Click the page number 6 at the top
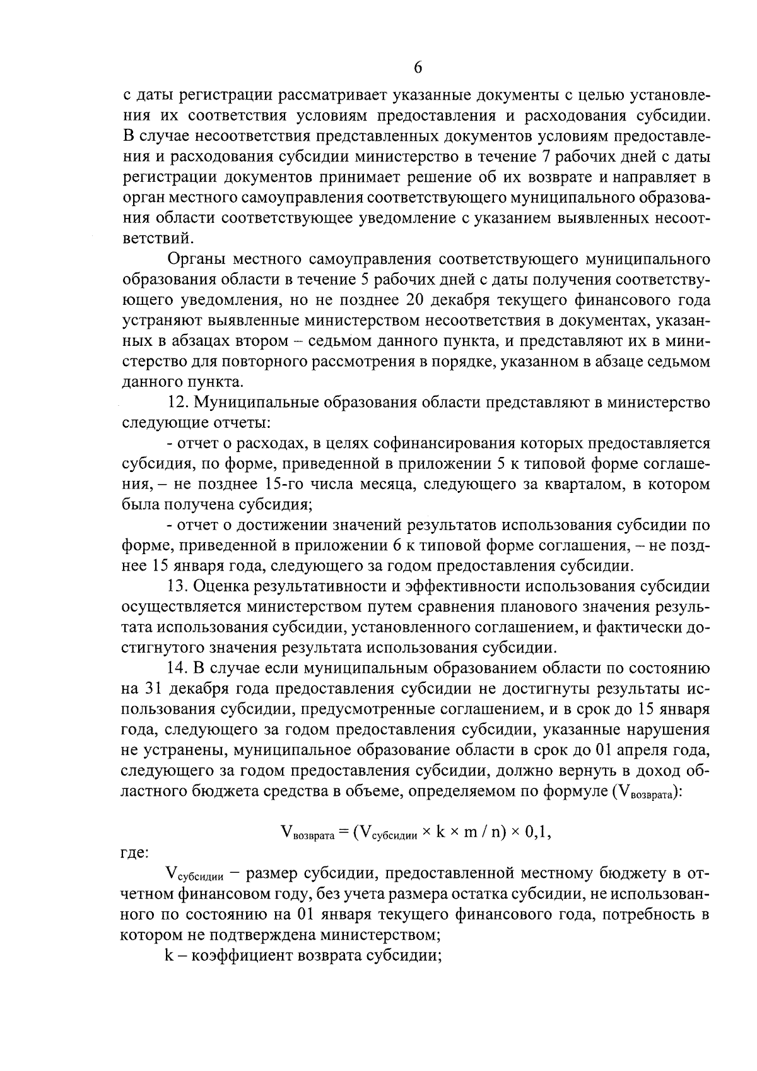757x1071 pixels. (x=418, y=68)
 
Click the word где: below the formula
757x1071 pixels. (x=134, y=853)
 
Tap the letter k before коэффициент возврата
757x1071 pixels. (x=168, y=956)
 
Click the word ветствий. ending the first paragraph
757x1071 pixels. (x=155, y=239)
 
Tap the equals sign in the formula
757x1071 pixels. (x=344, y=832)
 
